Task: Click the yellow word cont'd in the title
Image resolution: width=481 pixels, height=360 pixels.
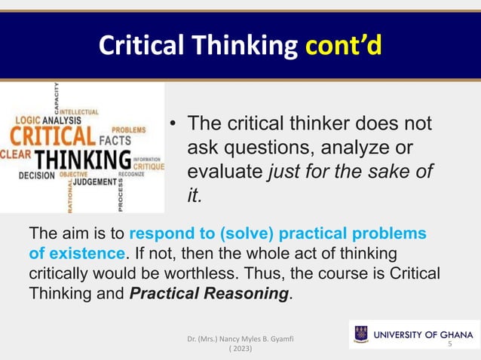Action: (x=343, y=46)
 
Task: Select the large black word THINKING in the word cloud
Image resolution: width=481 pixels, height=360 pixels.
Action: (x=83, y=160)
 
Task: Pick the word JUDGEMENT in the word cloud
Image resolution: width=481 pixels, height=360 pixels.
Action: (x=94, y=182)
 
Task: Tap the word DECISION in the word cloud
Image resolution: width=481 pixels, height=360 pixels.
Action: (x=36, y=175)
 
